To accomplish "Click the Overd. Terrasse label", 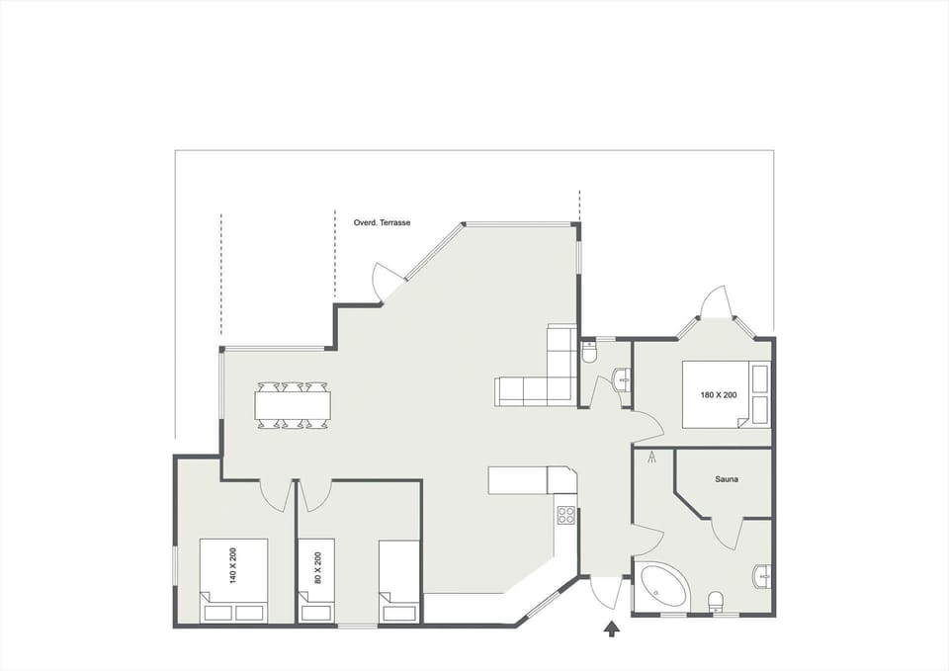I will tap(382, 223).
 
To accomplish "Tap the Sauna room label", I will tap(728, 479).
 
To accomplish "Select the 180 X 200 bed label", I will tap(719, 395).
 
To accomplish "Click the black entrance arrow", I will tap(612, 627).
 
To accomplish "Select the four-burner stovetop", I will tap(566, 514).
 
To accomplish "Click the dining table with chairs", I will tap(294, 405).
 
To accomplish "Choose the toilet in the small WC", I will tap(590, 352).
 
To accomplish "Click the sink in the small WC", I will tap(623, 378).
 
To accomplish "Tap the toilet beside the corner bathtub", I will tap(716, 601).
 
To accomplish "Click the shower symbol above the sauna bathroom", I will tap(651, 459).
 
